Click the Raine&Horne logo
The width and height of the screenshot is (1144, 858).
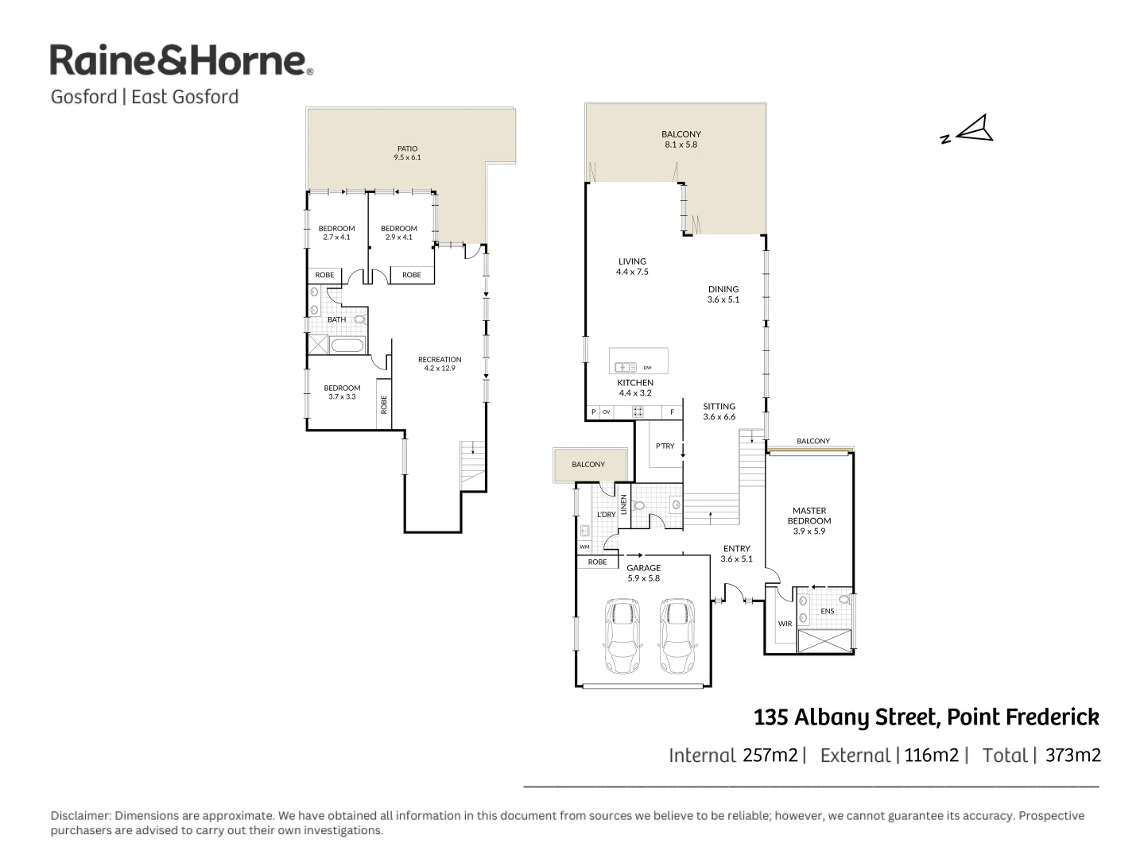pyautogui.click(x=181, y=61)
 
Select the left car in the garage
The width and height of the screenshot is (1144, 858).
pyautogui.click(x=622, y=636)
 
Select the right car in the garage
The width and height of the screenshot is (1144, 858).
pyautogui.click(x=677, y=636)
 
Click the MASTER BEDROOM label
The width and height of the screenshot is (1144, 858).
pyautogui.click(x=809, y=521)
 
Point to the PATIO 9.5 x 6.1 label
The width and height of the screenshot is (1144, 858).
pyautogui.click(x=407, y=153)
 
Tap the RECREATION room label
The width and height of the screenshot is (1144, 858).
pyautogui.click(x=440, y=364)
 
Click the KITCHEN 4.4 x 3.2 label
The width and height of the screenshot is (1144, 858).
pyautogui.click(x=635, y=388)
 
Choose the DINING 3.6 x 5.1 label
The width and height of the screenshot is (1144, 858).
pyautogui.click(x=723, y=295)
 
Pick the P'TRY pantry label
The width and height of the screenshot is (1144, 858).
pyautogui.click(x=665, y=446)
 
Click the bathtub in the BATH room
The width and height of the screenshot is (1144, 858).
pyautogui.click(x=347, y=346)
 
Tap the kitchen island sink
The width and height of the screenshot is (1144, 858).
pyautogui.click(x=626, y=367)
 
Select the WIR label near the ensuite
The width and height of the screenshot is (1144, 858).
pyautogui.click(x=785, y=624)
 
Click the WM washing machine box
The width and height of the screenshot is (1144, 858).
pyautogui.click(x=584, y=547)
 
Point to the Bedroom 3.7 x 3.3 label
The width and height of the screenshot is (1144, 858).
pyautogui.click(x=342, y=392)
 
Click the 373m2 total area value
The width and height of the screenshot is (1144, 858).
pyautogui.click(x=1073, y=756)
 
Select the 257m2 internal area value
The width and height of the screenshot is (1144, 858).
pyautogui.click(x=770, y=756)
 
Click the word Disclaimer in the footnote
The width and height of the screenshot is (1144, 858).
pyautogui.click(x=80, y=816)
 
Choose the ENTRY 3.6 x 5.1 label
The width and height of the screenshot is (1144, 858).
pyautogui.click(x=736, y=554)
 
